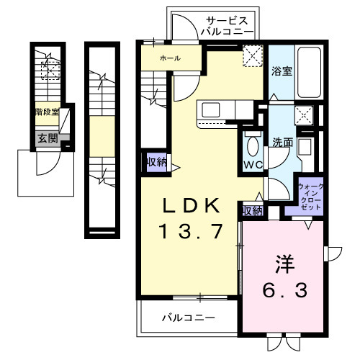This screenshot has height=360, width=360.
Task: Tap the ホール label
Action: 170,58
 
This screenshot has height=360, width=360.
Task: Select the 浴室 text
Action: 282,71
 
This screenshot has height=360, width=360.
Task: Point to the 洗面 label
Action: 282,143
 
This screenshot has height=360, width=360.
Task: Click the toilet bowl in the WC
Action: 252,147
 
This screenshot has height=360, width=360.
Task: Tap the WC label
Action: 251,165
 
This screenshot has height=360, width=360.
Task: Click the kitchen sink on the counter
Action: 212,109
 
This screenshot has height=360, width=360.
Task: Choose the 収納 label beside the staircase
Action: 156,162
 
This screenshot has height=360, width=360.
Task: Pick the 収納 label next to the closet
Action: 251,210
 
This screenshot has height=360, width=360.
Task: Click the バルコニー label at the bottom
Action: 187,316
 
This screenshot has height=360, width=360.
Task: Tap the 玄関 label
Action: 48,138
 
